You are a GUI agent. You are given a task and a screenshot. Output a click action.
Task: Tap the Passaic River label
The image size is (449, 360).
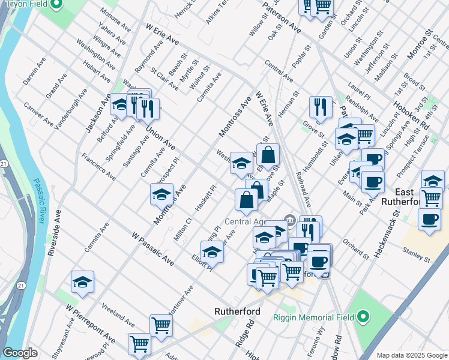38,202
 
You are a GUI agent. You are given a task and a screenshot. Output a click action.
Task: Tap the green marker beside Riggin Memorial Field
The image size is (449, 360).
363,316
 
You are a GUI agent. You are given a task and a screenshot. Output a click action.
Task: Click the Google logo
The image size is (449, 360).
20,353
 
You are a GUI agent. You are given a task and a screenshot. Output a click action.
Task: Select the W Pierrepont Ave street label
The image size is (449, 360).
90,323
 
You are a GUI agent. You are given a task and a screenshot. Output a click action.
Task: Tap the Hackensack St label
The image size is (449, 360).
386,235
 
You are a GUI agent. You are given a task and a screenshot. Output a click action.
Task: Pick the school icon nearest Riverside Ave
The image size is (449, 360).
83,282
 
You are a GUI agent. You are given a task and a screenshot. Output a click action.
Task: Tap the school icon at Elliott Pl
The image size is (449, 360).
212,252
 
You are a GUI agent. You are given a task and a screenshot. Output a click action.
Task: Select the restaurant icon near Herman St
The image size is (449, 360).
321,107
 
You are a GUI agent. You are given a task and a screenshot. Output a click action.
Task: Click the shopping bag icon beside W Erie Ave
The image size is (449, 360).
268,154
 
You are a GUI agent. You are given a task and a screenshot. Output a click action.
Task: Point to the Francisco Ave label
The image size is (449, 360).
99,167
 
